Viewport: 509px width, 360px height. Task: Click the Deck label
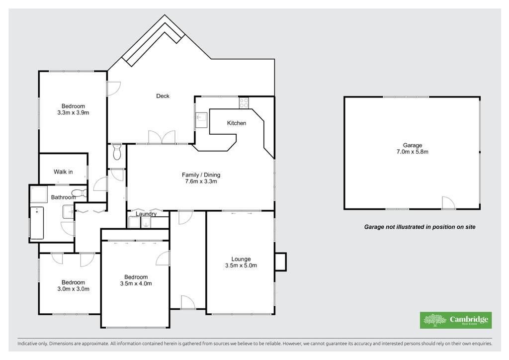point(163,96)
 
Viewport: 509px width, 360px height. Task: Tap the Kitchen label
point(236,123)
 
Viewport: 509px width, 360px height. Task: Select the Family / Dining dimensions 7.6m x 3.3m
point(201,181)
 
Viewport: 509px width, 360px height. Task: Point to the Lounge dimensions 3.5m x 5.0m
point(241,266)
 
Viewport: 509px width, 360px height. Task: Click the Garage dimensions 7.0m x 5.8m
point(412,152)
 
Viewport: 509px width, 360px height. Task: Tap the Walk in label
point(63,172)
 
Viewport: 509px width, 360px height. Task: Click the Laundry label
point(146,214)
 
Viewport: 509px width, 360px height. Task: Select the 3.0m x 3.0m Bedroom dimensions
point(74,289)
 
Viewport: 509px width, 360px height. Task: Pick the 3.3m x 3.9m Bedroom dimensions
point(73,113)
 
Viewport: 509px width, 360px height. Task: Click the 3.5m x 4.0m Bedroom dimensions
point(136,283)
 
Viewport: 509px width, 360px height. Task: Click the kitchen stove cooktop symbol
point(244,102)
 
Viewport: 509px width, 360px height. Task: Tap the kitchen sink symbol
point(201,120)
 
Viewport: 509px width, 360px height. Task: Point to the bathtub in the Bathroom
point(37,223)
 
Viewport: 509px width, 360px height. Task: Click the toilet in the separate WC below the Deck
point(117,152)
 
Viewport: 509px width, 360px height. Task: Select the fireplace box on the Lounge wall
point(280,262)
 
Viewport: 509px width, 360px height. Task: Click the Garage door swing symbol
point(448,203)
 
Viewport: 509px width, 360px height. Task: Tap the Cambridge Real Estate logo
point(456,320)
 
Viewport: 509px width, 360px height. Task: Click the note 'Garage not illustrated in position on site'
point(420,227)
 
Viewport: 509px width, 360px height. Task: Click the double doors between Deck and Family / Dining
point(162,137)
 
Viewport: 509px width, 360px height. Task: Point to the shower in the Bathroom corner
point(39,194)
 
